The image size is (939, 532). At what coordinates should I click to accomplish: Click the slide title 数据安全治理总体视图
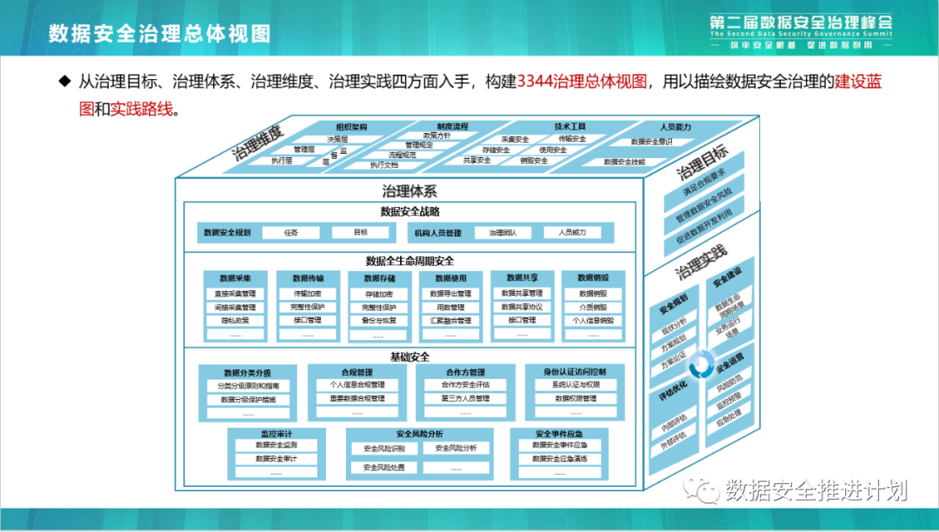[x=159, y=33]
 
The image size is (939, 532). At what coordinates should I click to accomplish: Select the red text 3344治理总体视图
[x=583, y=82]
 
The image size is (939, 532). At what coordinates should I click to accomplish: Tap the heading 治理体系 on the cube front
[x=409, y=191]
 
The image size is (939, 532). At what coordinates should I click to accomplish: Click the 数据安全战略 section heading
[x=410, y=211]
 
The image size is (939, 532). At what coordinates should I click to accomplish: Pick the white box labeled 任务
[x=291, y=233]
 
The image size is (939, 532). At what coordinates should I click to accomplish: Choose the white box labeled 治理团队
[x=503, y=233]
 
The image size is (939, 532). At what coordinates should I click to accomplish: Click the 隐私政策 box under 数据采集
[x=236, y=321]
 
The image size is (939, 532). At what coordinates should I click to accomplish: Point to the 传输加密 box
[x=308, y=294]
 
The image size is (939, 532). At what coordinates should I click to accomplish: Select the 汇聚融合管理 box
[x=450, y=321]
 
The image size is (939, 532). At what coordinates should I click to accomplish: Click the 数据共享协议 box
[x=522, y=307]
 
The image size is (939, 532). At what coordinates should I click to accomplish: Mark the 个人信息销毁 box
[x=594, y=321]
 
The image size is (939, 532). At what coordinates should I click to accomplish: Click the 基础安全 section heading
[x=410, y=356]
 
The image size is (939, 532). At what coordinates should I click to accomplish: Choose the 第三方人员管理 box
[x=465, y=399]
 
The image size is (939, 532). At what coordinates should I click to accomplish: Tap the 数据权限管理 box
[x=576, y=399]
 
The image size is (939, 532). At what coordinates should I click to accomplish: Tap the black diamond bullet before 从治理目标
[x=63, y=81]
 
